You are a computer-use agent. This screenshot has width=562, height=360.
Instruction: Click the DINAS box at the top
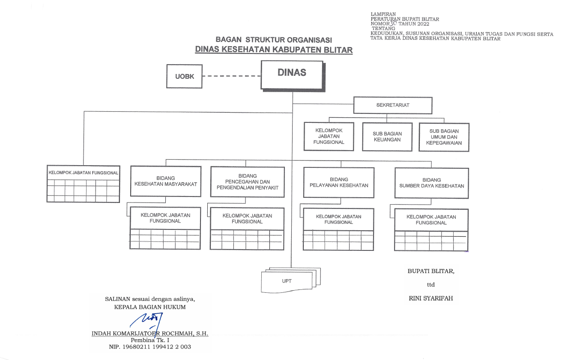pyautogui.click(x=292, y=74)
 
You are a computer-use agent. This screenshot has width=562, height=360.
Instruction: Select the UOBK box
pyautogui.click(x=184, y=77)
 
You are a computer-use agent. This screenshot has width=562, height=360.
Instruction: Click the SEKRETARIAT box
pyautogui.click(x=393, y=105)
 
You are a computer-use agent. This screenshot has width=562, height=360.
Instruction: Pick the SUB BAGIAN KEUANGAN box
pyautogui.click(x=387, y=137)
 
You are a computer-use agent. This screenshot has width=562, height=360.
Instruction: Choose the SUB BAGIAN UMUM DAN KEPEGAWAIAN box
pyautogui.click(x=444, y=137)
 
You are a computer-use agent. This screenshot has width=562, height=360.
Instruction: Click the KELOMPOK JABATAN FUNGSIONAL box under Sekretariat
pyautogui.click(x=329, y=136)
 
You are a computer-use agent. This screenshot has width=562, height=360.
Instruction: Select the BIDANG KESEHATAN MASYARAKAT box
pyautogui.click(x=165, y=181)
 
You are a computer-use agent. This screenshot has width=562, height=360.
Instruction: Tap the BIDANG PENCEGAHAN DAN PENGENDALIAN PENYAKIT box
pyautogui.click(x=247, y=181)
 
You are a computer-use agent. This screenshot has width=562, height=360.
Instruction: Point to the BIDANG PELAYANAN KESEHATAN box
pyautogui.click(x=338, y=182)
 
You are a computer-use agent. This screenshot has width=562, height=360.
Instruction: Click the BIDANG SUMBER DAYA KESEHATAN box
pyautogui.click(x=431, y=183)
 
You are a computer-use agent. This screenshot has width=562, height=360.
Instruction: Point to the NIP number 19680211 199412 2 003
pyautogui.click(x=150, y=347)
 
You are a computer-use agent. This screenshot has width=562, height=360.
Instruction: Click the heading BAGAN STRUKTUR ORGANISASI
pyautogui.click(x=274, y=40)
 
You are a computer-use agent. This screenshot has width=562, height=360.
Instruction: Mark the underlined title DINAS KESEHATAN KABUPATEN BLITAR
pyautogui.click(x=274, y=50)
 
